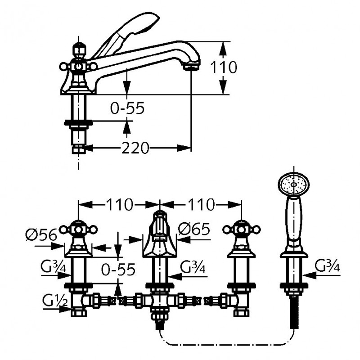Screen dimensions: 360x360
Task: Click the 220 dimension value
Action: coord(135,148)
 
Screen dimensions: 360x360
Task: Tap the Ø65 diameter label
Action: coord(194,229)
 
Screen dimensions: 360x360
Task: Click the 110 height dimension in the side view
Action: coord(224,67)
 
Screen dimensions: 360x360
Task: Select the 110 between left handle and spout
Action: coord(119,205)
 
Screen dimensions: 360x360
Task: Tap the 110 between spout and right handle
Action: coord(200,205)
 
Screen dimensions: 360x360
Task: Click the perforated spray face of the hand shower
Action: coord(295,184)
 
